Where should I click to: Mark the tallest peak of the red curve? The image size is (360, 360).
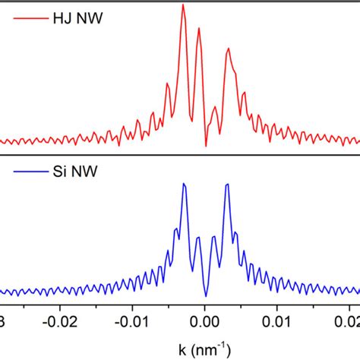coord(183,5)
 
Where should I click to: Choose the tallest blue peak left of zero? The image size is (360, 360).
coord(184,185)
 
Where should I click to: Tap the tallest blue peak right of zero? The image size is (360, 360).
coord(227,185)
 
